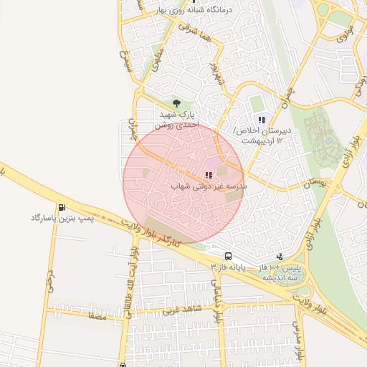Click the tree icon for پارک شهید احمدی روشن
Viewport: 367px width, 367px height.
click(177, 104)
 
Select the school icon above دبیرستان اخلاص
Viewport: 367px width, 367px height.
click(262, 120)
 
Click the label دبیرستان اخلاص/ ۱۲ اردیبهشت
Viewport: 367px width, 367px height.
click(262, 135)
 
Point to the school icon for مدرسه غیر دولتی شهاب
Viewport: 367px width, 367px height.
click(209, 175)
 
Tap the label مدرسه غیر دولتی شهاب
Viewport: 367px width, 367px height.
click(209, 186)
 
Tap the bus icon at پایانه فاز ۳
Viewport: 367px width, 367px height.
click(228, 256)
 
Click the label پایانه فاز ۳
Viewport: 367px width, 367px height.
click(229, 266)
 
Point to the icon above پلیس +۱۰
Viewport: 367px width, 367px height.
click(280, 257)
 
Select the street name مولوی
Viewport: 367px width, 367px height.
click(345, 32)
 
